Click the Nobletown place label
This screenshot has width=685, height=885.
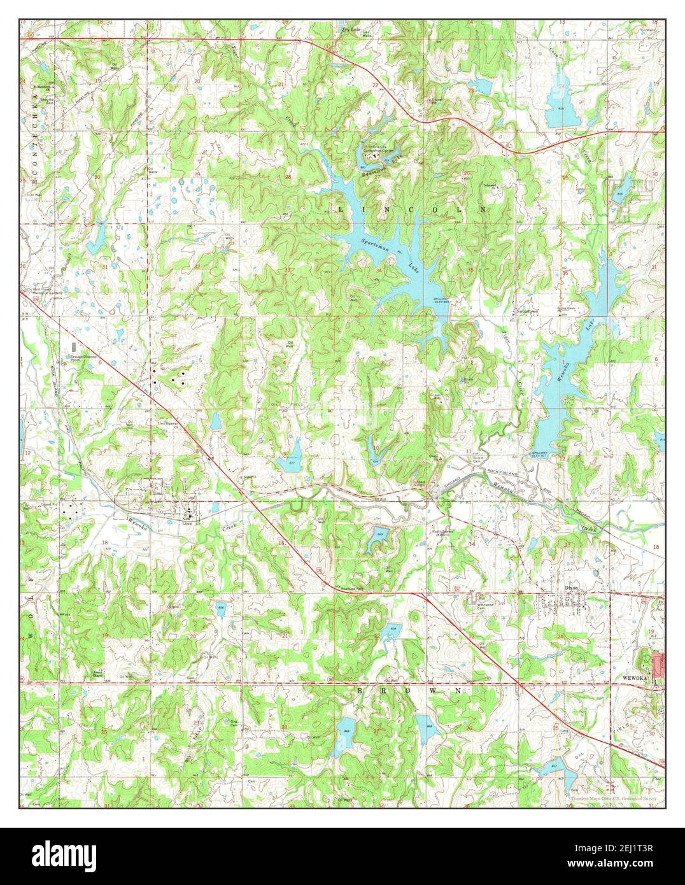tap(526, 311)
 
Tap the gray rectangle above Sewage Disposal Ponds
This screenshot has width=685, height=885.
tap(75, 346)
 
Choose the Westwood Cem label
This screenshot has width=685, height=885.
tap(487, 602)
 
